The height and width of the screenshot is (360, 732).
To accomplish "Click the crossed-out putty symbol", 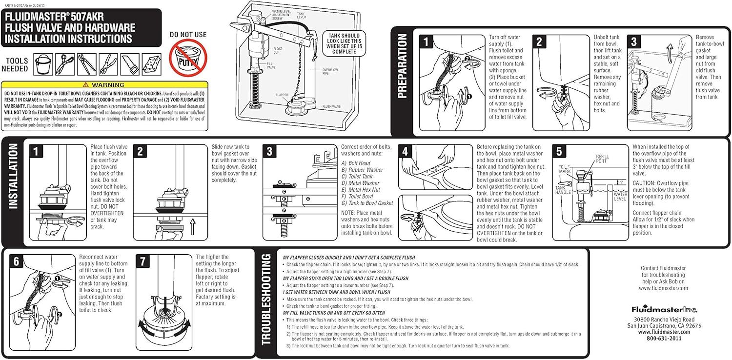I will tap(188, 58).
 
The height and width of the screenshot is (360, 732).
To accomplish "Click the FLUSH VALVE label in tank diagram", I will tap(330, 106).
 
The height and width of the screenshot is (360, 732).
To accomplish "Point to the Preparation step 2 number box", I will tap(539, 42).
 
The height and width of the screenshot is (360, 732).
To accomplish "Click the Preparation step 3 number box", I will tap(634, 42).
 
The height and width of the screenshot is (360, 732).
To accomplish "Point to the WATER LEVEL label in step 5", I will tap(620, 197).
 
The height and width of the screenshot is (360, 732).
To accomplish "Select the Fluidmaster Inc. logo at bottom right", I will tap(664, 309).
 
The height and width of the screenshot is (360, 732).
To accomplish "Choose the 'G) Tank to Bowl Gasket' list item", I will tap(367, 203).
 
